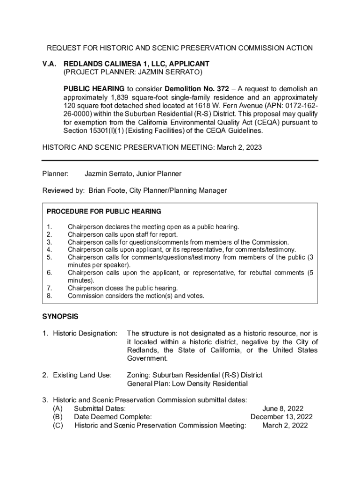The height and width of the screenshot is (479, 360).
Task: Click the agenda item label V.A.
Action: [x=50, y=63]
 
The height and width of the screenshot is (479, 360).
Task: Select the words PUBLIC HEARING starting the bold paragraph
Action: [x=94, y=88]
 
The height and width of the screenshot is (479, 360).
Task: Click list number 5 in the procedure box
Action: [x=49, y=257]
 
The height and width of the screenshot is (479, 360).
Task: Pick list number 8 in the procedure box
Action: [x=49, y=296]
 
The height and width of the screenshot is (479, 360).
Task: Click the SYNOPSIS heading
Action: [x=60, y=316]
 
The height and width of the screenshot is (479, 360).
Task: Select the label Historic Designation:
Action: [x=85, y=333]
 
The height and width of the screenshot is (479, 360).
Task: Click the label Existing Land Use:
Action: [x=82, y=375]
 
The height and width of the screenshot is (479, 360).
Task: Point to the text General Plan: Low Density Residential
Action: [x=187, y=384]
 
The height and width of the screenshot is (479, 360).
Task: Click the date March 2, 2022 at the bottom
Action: [x=285, y=425]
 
